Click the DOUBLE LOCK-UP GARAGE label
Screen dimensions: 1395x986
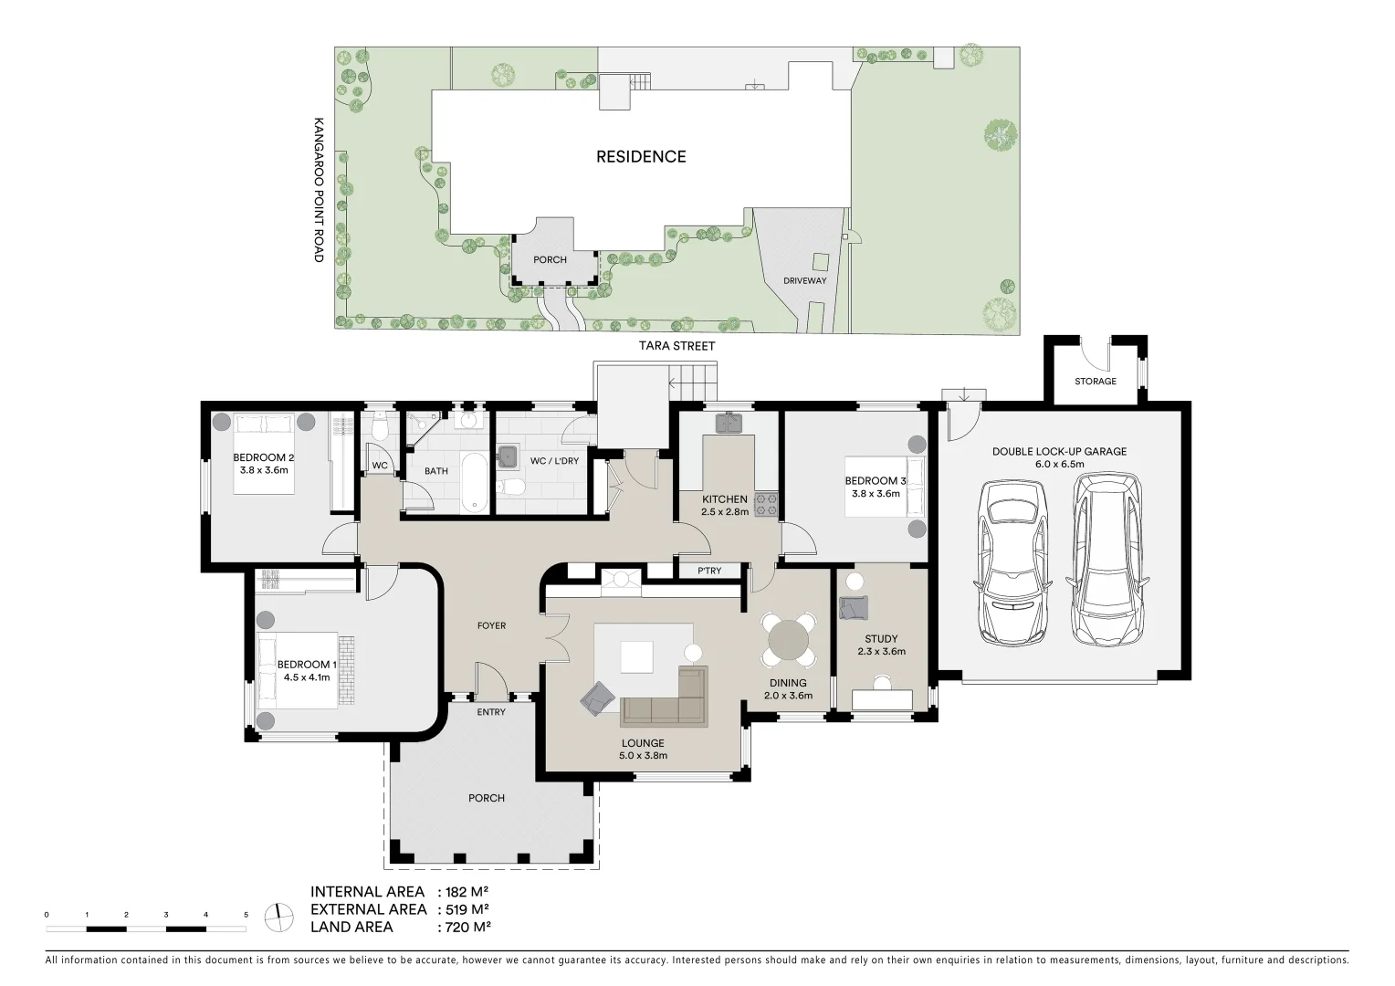1059,452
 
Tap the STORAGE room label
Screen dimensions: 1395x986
1096,382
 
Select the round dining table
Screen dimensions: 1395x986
789,640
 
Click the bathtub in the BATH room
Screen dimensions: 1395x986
475,483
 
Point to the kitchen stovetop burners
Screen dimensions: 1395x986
767,505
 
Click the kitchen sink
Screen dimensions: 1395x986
729,423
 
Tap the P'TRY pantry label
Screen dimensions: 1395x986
709,571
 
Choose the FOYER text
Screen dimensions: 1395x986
491,625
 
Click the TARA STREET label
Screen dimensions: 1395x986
677,346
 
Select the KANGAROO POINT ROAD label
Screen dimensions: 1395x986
319,190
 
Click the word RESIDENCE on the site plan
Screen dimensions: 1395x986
641,156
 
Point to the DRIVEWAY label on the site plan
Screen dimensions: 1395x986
804,281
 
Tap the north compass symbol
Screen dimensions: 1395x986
279,918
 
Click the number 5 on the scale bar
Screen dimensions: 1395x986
246,915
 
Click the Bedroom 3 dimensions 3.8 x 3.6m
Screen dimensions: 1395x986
876,494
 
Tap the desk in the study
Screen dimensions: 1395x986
882,699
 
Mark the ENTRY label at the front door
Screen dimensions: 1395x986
491,712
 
